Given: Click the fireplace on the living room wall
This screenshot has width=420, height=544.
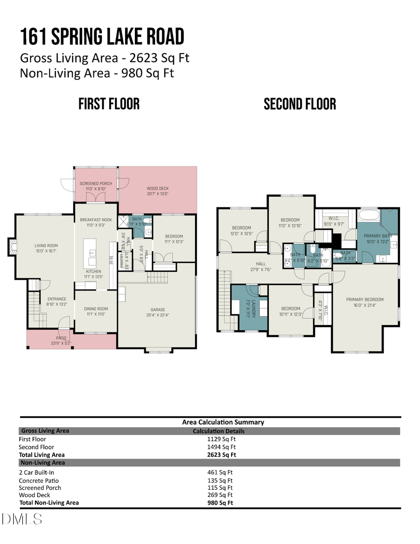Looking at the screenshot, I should [x=12, y=247].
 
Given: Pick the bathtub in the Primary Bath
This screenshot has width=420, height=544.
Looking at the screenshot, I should [x=369, y=216].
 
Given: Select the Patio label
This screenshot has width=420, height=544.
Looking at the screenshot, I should [x=62, y=338].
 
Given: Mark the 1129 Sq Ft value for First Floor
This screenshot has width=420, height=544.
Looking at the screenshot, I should [x=219, y=439].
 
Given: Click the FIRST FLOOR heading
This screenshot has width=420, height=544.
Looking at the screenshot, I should [x=109, y=104].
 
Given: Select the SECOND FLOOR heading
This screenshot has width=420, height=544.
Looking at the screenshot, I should [x=300, y=104].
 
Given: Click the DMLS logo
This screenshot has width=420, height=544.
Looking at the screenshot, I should [x=21, y=518].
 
